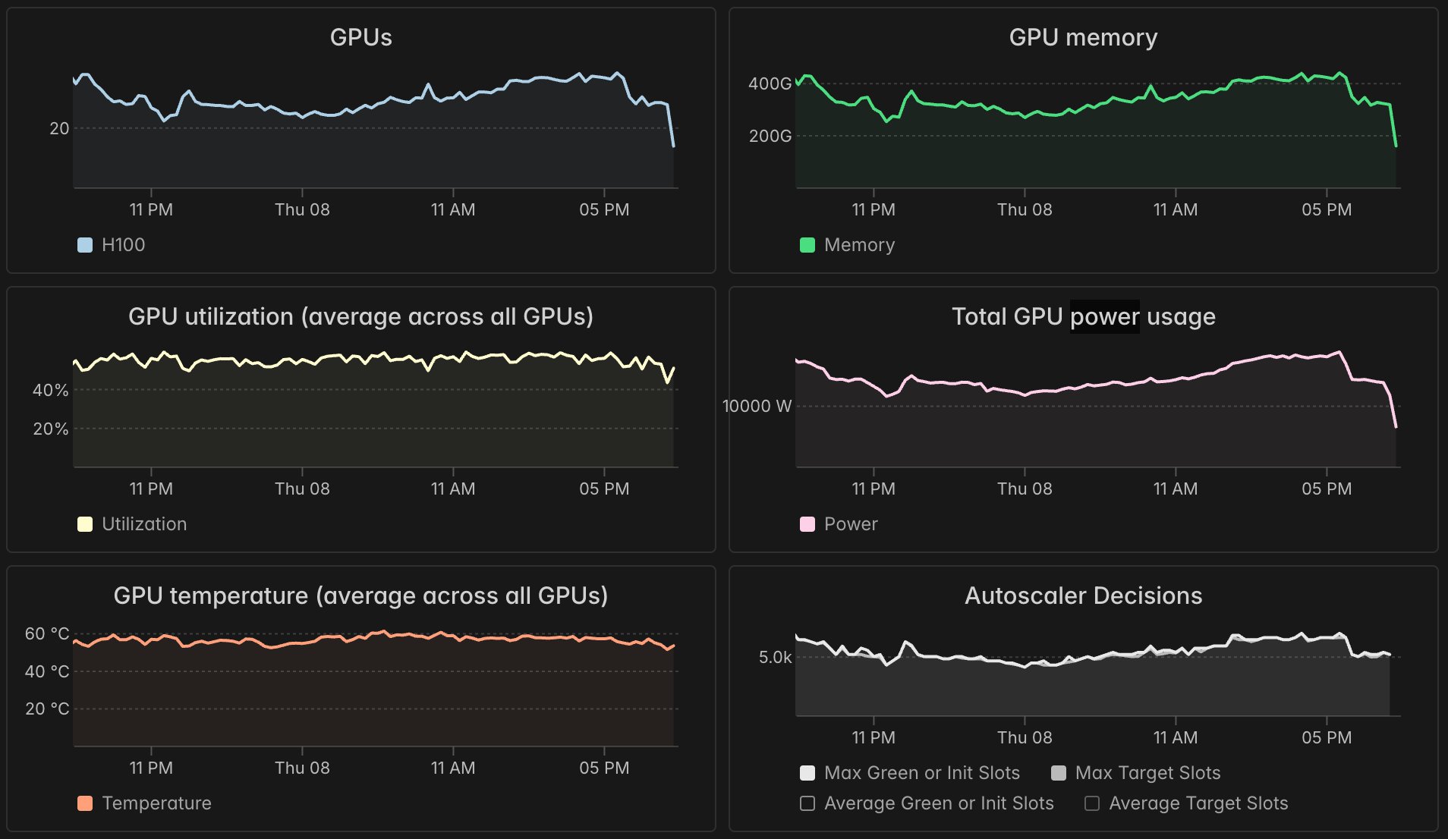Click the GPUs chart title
(360, 37)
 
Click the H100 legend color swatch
(85, 245)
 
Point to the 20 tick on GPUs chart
(59, 128)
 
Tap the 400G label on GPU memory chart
(770, 83)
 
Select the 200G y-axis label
(770, 136)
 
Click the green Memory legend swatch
(807, 245)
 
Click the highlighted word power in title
(1104, 316)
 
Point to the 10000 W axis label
(757, 406)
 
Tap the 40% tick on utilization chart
(50, 390)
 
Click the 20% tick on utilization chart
(50, 429)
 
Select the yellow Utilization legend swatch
(85, 524)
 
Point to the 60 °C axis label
(47, 633)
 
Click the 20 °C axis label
(47, 709)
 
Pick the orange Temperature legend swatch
(85, 803)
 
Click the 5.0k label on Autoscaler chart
(775, 657)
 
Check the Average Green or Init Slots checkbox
(807, 803)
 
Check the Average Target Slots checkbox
(1092, 803)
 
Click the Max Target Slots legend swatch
(1059, 773)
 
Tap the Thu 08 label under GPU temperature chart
(302, 768)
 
